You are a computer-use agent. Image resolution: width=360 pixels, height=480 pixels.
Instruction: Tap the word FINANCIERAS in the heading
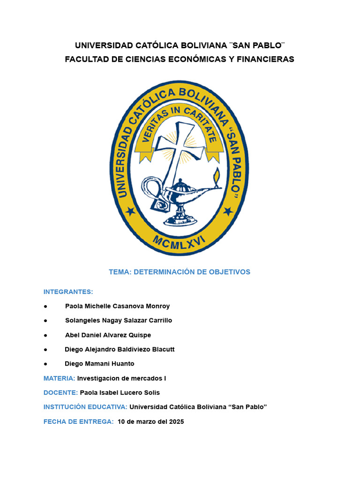[266, 59]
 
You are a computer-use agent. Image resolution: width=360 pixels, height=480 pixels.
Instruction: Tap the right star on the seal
[228, 211]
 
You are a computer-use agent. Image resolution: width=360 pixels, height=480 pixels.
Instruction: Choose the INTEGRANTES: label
[68, 292]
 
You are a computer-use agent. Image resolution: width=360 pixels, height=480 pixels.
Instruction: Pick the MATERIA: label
[59, 378]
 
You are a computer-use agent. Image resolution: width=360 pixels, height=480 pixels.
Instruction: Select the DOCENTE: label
[60, 393]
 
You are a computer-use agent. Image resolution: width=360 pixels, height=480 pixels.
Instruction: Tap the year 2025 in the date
[176, 422]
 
